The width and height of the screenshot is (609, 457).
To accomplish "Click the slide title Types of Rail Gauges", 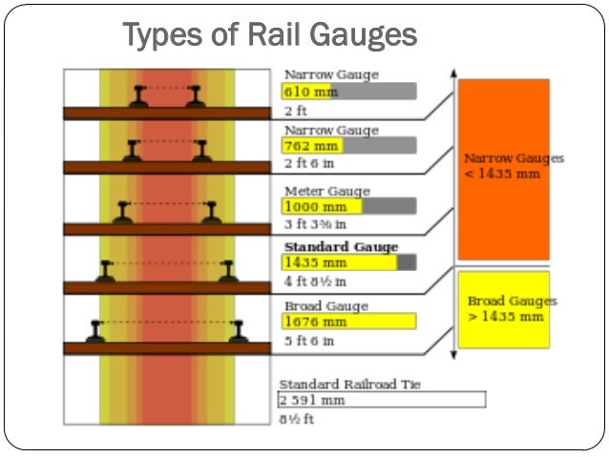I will click(x=270, y=35).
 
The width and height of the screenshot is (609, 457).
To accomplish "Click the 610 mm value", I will click(x=304, y=92).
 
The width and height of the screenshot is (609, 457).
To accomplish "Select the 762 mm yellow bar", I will click(x=311, y=146).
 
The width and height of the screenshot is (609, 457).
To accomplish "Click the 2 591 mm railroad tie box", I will click(x=381, y=400).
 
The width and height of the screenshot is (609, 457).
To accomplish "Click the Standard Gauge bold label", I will click(x=341, y=247).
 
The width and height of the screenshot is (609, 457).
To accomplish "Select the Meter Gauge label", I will click(x=326, y=190).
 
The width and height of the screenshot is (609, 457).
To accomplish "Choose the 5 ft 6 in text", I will click(x=308, y=339).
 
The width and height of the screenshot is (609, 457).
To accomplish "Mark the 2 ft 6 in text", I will click(x=308, y=163).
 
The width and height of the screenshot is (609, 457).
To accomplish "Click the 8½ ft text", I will click(x=298, y=417).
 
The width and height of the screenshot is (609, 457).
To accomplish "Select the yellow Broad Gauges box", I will click(x=503, y=309).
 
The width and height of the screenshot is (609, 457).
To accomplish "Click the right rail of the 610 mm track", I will click(x=196, y=95).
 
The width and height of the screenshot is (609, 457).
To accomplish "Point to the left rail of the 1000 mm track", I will click(x=121, y=213).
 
